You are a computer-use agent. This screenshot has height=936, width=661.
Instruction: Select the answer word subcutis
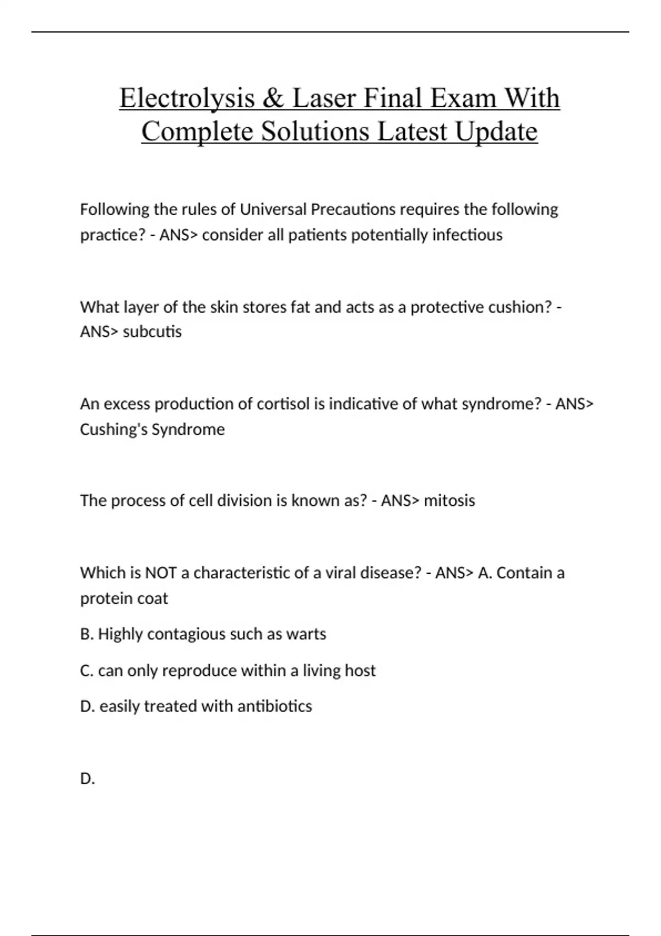[x=152, y=332]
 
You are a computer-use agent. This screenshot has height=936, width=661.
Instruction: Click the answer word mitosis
[x=449, y=501]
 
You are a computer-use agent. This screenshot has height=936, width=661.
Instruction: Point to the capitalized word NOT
[x=160, y=573]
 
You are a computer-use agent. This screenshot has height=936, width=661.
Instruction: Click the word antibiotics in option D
[x=274, y=706]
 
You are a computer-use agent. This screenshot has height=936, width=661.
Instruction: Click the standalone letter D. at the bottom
[x=88, y=779]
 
